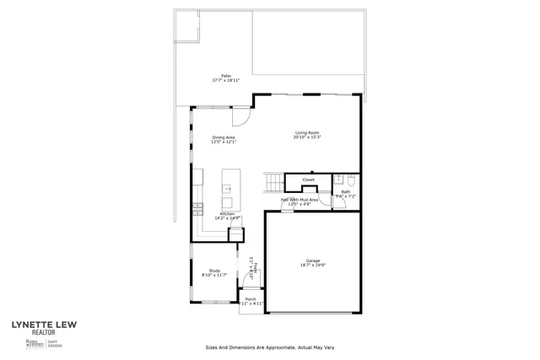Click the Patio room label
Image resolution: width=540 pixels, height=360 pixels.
click(x=225, y=78)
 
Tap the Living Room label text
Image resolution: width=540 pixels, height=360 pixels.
click(x=307, y=134)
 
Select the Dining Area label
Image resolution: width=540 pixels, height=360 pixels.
click(x=224, y=139)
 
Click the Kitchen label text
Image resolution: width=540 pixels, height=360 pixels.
click(x=228, y=216)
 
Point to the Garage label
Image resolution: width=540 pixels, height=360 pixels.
click(x=312, y=263)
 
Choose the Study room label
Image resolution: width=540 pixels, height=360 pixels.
click(x=214, y=272)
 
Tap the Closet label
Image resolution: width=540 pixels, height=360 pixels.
click(x=309, y=180)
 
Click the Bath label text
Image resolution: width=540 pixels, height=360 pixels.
click(x=346, y=193)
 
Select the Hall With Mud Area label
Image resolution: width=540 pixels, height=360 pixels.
click(x=300, y=201)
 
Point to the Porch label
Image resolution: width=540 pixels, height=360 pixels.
click(x=251, y=301)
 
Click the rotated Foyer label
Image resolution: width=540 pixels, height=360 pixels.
click(x=250, y=268)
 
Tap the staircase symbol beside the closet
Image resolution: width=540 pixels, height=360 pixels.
click(x=273, y=181)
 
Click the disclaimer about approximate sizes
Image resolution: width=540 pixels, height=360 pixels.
click(x=270, y=347)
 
